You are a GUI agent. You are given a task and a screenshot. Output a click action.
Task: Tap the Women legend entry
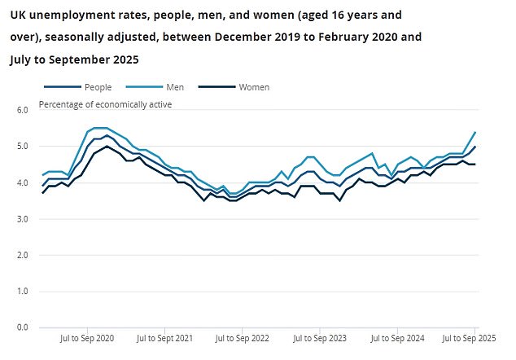point(253,86)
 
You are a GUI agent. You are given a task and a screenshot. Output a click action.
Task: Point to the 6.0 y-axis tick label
point(22,110)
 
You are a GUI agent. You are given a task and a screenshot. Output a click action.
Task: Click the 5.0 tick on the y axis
point(22,147)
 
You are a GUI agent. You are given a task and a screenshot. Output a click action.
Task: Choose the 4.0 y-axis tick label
point(22,183)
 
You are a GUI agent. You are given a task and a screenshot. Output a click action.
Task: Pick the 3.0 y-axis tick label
point(22,219)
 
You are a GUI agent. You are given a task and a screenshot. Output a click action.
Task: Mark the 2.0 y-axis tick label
point(22,255)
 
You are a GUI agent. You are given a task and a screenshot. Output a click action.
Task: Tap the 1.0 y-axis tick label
point(22,291)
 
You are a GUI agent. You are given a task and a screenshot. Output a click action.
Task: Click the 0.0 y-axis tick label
point(22,327)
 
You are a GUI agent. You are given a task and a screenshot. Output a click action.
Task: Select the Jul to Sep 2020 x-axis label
point(89,337)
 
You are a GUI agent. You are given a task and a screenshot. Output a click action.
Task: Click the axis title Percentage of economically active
point(105,104)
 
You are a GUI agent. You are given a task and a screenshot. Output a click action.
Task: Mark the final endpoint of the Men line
point(475,132)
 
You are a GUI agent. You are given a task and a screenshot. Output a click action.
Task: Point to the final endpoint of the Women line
point(475,165)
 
